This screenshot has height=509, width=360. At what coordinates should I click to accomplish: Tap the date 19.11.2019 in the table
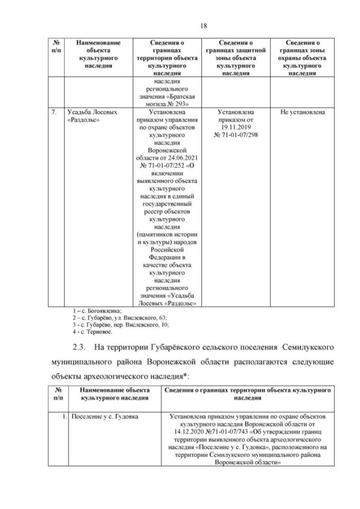tap(236, 128)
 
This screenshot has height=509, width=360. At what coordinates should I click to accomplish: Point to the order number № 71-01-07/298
tap(236, 136)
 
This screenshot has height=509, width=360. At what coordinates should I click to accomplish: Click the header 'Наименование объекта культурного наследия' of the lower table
tap(114, 393)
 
